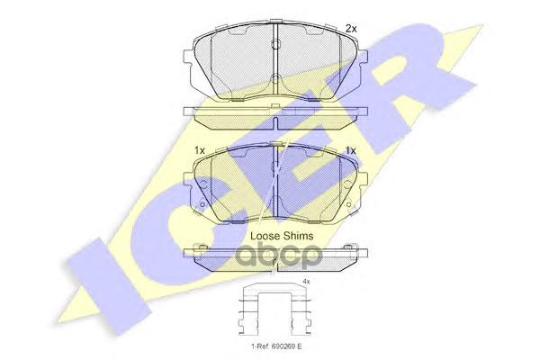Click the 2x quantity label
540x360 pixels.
(351, 29)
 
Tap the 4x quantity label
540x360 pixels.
(305, 282)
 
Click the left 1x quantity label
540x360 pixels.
(199, 149)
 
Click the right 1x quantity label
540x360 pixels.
(351, 149)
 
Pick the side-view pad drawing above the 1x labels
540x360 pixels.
(275, 114)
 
